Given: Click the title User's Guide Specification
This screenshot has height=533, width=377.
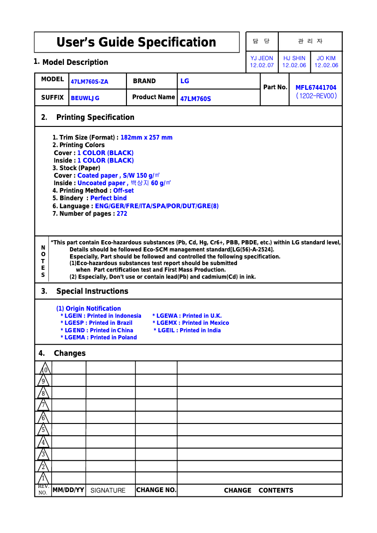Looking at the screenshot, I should coord(136,42).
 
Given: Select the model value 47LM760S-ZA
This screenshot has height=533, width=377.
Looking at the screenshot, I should coord(89,82).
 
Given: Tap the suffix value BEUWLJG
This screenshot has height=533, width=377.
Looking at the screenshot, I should coord(85,98).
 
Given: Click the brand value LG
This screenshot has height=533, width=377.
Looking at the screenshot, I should coord(185,81).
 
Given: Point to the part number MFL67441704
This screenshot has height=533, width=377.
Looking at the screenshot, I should coord(315,87).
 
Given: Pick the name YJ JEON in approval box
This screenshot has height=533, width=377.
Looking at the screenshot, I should coord(262,58).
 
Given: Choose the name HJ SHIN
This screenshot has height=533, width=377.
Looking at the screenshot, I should coord(294,58).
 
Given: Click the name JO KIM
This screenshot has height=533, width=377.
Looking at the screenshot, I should coord(326,58).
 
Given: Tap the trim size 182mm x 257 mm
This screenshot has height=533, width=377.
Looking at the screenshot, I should coord(147,138).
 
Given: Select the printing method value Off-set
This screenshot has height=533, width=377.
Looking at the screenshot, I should coord(124,191).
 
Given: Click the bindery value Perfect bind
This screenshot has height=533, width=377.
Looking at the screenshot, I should coord(109,198).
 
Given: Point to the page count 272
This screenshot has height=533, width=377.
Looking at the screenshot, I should coord(122,214).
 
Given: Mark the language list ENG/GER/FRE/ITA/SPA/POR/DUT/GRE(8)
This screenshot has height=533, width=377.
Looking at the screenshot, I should coord(157,206).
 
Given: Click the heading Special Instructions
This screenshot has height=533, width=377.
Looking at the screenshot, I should coord(92,291).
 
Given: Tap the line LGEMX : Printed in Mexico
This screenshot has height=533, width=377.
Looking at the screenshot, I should coord(191,323).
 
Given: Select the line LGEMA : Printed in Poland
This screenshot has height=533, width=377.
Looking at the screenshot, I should coord(99,337).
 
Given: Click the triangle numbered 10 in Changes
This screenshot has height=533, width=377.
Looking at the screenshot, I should coord(44,369).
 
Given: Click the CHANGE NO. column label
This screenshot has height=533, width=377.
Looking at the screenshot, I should coord(156,490).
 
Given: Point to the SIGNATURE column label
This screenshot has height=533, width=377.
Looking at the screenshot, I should coord(108,491).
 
